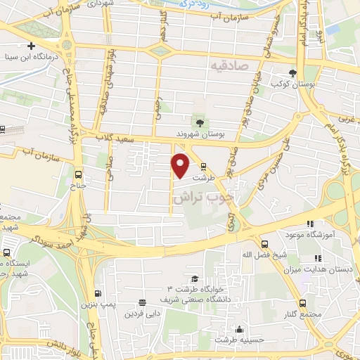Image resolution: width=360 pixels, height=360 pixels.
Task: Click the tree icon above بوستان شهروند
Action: pos(200,123)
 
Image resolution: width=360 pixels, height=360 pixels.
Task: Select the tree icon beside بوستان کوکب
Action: pos(292,73)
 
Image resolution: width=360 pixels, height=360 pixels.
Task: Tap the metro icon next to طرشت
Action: pos(204,167)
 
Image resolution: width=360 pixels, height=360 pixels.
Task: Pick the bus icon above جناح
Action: pos(77,174)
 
